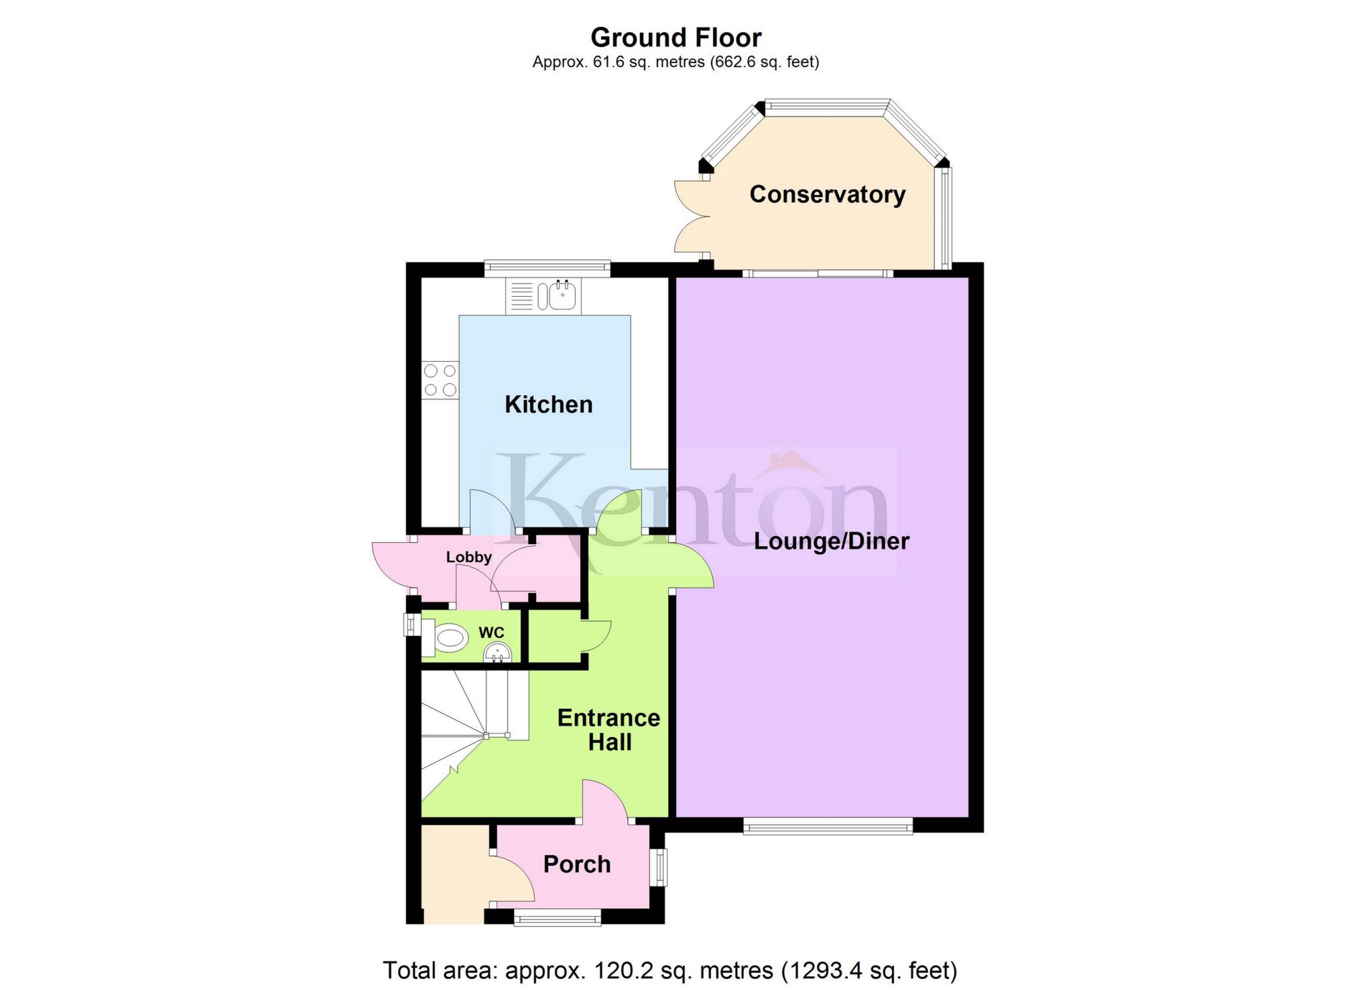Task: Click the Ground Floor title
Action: pyautogui.click(x=675, y=38)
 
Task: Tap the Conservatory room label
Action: pyautogui.click(x=827, y=194)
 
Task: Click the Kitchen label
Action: pyautogui.click(x=548, y=405)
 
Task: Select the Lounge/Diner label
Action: pyautogui.click(x=831, y=541)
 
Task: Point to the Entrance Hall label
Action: pyautogui.click(x=608, y=730)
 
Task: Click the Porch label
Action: pyautogui.click(x=576, y=864)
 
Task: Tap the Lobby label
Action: pyautogui.click(x=468, y=557)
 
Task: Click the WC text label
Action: pyautogui.click(x=491, y=633)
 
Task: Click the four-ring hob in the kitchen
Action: pyautogui.click(x=440, y=380)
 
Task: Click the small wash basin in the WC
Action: pyautogui.click(x=497, y=652)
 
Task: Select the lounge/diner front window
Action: pyautogui.click(x=828, y=827)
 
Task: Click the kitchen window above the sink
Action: pyautogui.click(x=547, y=268)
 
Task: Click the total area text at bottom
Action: pyautogui.click(x=669, y=970)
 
